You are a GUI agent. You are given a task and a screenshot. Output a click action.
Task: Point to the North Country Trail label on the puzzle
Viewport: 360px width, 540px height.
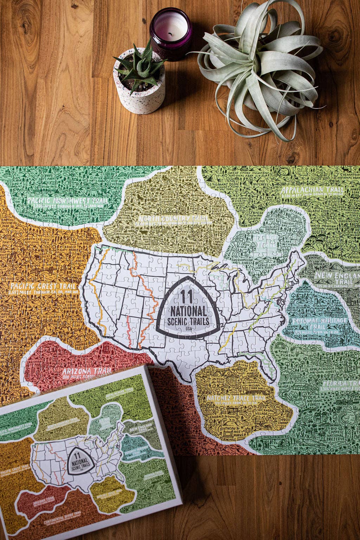point(172,219)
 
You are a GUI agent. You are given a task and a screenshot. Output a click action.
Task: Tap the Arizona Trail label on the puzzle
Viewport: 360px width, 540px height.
point(86,371)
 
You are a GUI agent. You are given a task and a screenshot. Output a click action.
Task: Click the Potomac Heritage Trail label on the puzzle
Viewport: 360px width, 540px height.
point(309,323)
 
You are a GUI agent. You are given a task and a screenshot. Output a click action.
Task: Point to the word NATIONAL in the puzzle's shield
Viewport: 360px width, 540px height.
point(188,311)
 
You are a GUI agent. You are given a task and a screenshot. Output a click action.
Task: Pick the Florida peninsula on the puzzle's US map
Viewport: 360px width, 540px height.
point(269,369)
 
